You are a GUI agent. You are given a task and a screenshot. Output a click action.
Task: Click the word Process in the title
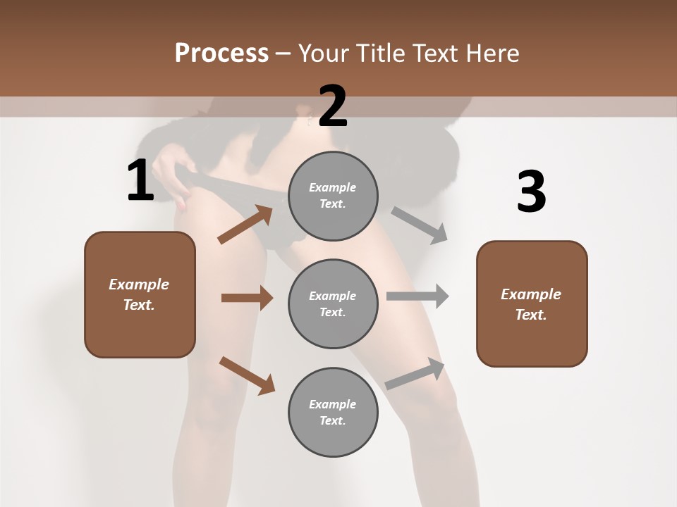pos(221,53)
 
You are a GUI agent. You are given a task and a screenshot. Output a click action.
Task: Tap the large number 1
pos(140,181)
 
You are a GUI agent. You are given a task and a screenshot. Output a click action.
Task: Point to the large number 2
pos(333,106)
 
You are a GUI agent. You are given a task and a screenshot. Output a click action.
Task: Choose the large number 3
pos(531,193)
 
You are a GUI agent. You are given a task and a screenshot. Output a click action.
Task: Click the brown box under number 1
pos(140,294)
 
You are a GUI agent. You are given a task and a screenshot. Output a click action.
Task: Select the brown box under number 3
pos(532,303)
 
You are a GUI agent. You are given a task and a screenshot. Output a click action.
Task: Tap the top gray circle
pos(333,196)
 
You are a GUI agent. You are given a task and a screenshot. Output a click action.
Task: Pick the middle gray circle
pos(333,303)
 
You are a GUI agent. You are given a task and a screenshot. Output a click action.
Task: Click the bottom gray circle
pos(333,412)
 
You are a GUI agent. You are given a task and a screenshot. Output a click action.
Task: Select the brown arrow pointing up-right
pos(245,225)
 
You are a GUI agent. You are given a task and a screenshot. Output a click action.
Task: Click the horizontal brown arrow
pos(247,298)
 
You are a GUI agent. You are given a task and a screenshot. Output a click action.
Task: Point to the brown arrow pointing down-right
pos(247,375)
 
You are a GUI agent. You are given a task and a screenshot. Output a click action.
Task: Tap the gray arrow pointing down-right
pos(420,225)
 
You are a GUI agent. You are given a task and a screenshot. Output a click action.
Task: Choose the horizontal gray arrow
pos(417,296)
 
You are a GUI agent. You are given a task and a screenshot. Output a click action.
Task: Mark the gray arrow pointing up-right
pos(415,374)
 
